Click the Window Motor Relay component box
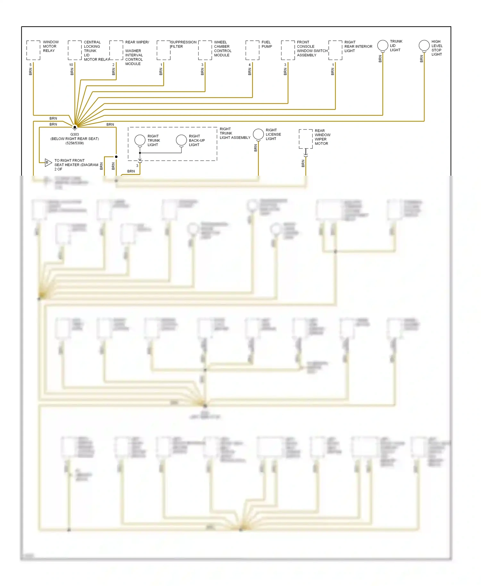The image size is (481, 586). click(33, 50)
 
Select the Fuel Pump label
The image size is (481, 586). click(266, 44)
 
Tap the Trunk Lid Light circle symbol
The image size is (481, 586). click(383, 45)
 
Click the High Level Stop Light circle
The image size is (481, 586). click(424, 46)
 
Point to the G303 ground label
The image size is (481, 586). click(74, 135)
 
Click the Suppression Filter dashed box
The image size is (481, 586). click(164, 50)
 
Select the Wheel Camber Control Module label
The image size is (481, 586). click(223, 49)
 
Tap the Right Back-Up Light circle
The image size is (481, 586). click(181, 140)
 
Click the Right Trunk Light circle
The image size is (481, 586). click(140, 140)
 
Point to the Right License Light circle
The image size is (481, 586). click(258, 134)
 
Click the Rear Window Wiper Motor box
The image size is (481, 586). click(306, 139)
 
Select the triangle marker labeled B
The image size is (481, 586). click(48, 163)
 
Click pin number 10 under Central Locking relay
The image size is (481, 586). click(71, 65)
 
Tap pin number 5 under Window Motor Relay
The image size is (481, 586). click(30, 65)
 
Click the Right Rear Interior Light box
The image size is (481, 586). click(335, 50)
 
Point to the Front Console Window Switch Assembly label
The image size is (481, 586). click(312, 49)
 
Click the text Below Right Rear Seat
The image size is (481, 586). click(74, 139)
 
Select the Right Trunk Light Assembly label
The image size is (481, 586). click(235, 133)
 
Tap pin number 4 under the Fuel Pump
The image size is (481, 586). click(249, 65)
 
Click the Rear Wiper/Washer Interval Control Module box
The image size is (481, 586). click(116, 50)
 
